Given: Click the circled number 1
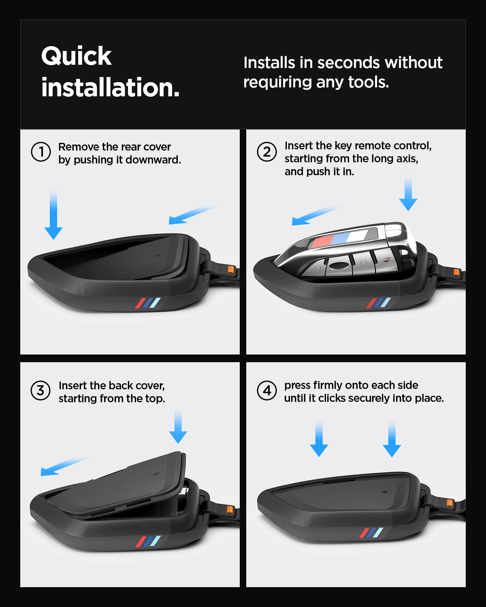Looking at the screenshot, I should coord(41,152).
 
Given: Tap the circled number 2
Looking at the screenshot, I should coord(267,152).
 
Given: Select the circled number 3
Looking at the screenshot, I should coord(40,391).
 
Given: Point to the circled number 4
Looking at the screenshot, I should coord(267,391).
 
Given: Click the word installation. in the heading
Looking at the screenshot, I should coord(110,88).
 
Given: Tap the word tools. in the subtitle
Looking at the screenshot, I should coord(369,82).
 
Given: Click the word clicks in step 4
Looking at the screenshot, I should coord(332,398).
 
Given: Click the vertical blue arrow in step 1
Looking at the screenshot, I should coord(53,214).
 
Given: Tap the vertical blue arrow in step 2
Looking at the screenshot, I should coord(408,194).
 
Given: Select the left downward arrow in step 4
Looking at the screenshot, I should coord(319,439).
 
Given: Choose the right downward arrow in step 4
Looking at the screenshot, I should coord(392,439).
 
